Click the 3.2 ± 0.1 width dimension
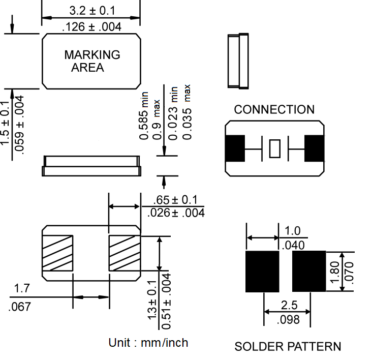(x=91, y=10)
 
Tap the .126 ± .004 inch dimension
(x=91, y=27)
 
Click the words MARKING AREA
(x=91, y=61)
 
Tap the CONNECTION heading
(x=274, y=109)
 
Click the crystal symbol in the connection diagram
(x=274, y=149)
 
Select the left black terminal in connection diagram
(x=235, y=149)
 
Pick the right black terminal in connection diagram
(x=314, y=149)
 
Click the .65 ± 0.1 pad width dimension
(x=175, y=200)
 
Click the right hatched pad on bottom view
(x=124, y=253)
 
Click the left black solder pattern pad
(x=262, y=272)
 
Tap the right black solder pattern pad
(x=308, y=272)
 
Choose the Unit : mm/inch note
(x=148, y=343)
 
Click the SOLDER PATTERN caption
(x=288, y=347)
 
